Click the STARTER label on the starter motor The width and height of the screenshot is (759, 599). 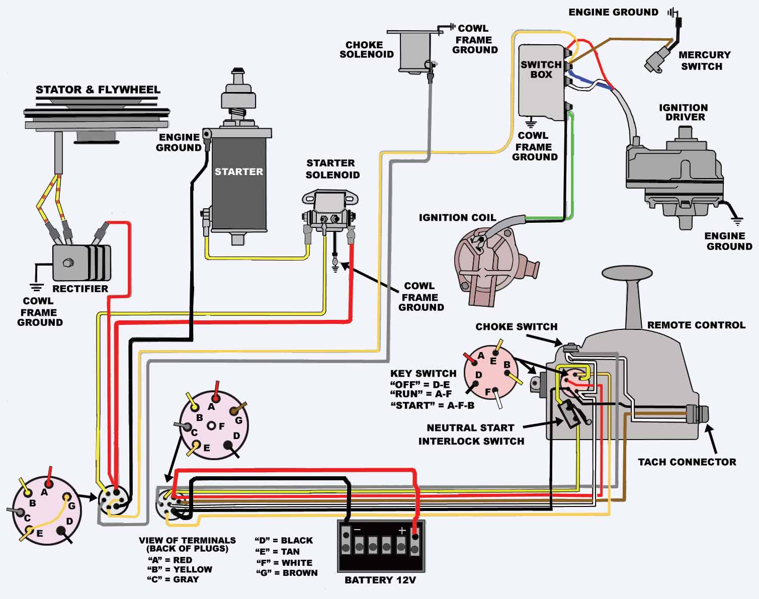[238, 172]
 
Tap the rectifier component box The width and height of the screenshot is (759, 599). [80, 262]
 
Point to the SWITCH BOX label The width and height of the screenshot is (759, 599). [541, 69]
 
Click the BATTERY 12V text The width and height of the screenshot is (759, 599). [380, 580]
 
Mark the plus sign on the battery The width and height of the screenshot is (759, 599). [401, 530]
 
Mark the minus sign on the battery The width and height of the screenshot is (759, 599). [357, 530]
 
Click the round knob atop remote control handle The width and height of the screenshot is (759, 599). [627, 273]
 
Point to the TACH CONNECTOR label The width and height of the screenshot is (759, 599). [687, 462]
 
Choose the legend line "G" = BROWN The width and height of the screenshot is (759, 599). [287, 572]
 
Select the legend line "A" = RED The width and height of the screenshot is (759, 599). [170, 560]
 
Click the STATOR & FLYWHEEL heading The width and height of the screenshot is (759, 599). [98, 90]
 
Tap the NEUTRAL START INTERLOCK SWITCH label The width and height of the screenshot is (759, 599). [471, 434]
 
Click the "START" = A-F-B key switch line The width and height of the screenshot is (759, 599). [433, 405]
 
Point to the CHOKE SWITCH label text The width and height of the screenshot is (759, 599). [516, 326]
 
